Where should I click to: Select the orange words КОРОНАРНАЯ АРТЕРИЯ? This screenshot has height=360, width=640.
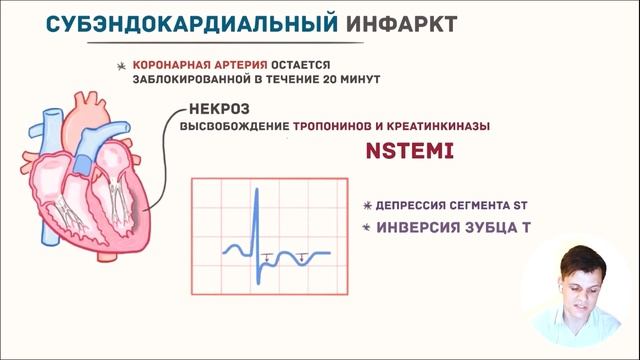click(x=189, y=62)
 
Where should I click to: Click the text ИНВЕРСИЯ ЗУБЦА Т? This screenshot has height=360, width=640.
click(x=452, y=227)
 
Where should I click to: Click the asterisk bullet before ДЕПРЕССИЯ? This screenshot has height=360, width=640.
click(x=368, y=205)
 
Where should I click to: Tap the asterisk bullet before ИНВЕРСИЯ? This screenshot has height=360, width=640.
click(x=367, y=228)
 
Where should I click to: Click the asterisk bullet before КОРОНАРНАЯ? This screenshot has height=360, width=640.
click(x=123, y=63)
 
